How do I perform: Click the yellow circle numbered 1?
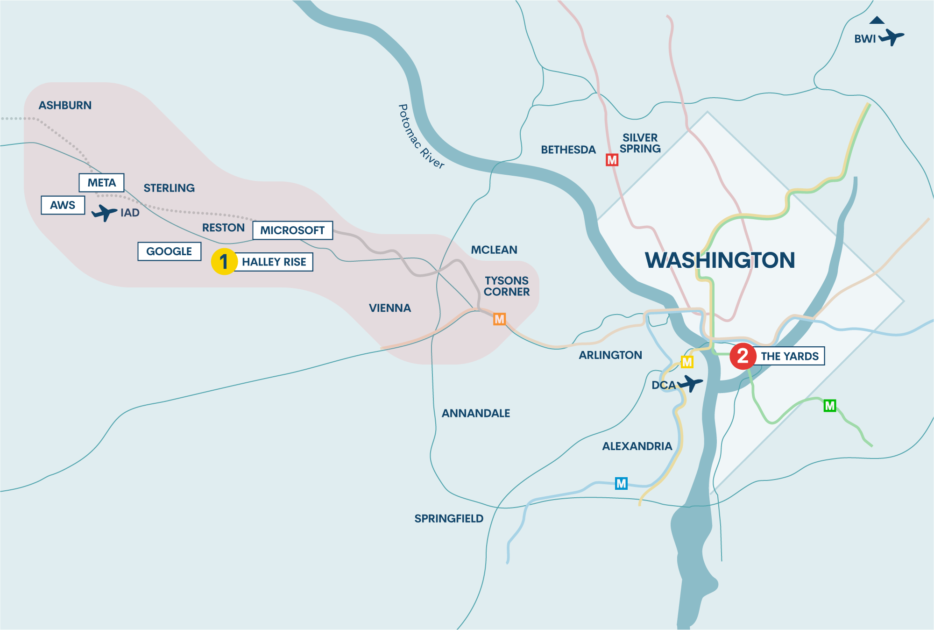click(224, 261)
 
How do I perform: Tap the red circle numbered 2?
click(743, 356)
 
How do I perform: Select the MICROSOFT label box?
click(292, 230)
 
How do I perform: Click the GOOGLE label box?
click(169, 251)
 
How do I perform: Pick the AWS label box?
click(63, 205)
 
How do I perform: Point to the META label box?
click(101, 182)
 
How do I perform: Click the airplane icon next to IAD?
click(104, 213)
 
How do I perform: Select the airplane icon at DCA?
click(690, 383)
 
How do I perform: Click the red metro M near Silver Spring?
click(612, 160)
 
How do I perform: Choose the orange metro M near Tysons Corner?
click(499, 319)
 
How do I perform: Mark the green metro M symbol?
click(829, 406)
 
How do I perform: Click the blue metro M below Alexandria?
click(621, 483)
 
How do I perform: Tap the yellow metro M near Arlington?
click(686, 362)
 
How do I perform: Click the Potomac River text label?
click(420, 136)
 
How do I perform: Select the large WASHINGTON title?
click(720, 260)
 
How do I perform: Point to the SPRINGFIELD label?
click(449, 518)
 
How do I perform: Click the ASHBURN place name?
click(65, 106)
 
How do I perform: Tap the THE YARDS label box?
click(789, 356)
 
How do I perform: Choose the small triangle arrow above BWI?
click(877, 20)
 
